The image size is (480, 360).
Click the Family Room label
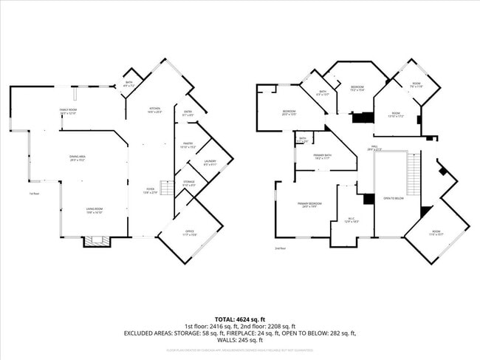pyautogui.click(x=68, y=111)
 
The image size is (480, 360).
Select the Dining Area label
pyautogui.click(x=78, y=158)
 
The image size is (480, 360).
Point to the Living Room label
pyautogui.click(x=94, y=211)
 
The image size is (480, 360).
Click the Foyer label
pyautogui.click(x=150, y=191)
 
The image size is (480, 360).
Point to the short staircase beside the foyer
pyautogui.click(x=167, y=191)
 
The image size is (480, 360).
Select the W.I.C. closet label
pyautogui.click(x=351, y=220)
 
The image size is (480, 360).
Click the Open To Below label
pyautogui.click(x=393, y=198)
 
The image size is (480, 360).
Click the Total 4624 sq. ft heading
pyautogui.click(x=240, y=319)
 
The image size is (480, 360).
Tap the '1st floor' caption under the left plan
pyautogui.click(x=33, y=194)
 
